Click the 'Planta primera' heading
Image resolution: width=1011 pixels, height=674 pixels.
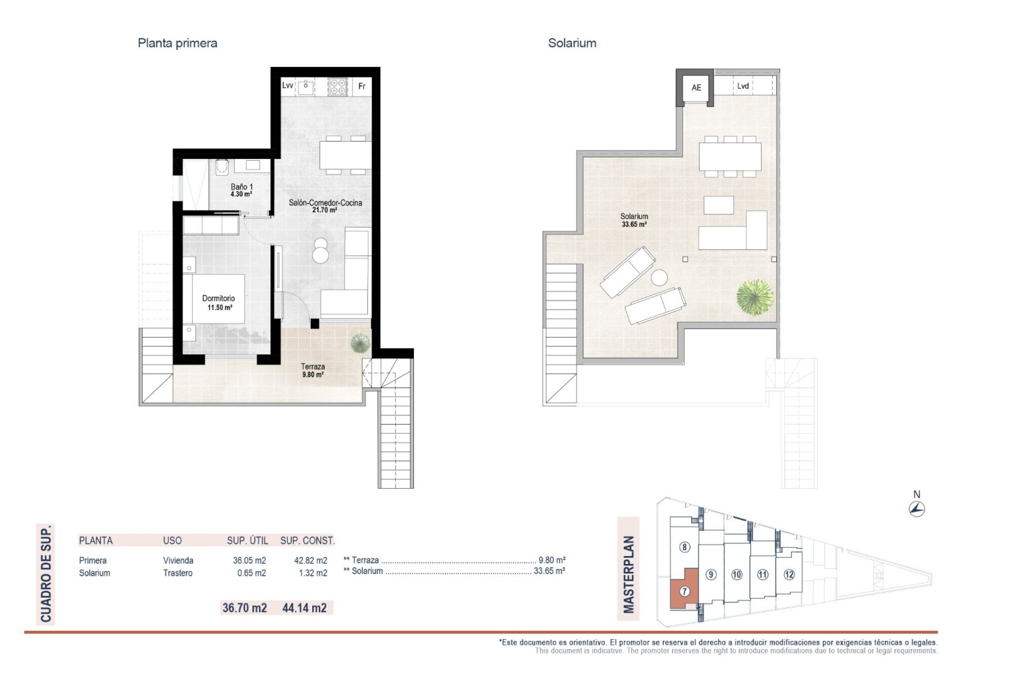point(177,43)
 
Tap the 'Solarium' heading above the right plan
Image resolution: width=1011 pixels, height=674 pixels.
point(572,43)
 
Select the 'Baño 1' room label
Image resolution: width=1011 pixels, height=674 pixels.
point(242,187)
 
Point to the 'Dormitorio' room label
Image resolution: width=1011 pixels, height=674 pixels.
point(219,298)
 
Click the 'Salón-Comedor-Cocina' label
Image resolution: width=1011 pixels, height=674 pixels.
point(325,203)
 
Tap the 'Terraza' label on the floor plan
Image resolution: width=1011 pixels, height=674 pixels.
point(313,366)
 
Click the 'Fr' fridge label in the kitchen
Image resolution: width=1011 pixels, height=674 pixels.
point(362,86)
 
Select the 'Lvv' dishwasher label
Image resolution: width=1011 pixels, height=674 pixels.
point(288,85)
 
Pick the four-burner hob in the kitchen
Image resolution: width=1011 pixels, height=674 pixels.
point(338,87)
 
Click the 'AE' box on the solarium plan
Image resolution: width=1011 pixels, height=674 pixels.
point(696,87)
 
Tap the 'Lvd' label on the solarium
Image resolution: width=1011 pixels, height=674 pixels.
point(743,86)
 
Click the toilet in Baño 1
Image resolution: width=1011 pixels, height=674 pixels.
point(222,167)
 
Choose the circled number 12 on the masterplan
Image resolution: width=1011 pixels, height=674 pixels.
point(789,574)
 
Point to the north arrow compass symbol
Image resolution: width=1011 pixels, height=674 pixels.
point(917,509)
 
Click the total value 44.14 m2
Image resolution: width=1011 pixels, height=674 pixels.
point(304,608)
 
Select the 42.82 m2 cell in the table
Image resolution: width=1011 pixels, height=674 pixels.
point(311,561)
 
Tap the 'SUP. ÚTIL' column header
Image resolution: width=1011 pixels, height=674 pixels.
point(247,540)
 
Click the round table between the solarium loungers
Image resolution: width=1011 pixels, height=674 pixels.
point(659,277)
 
